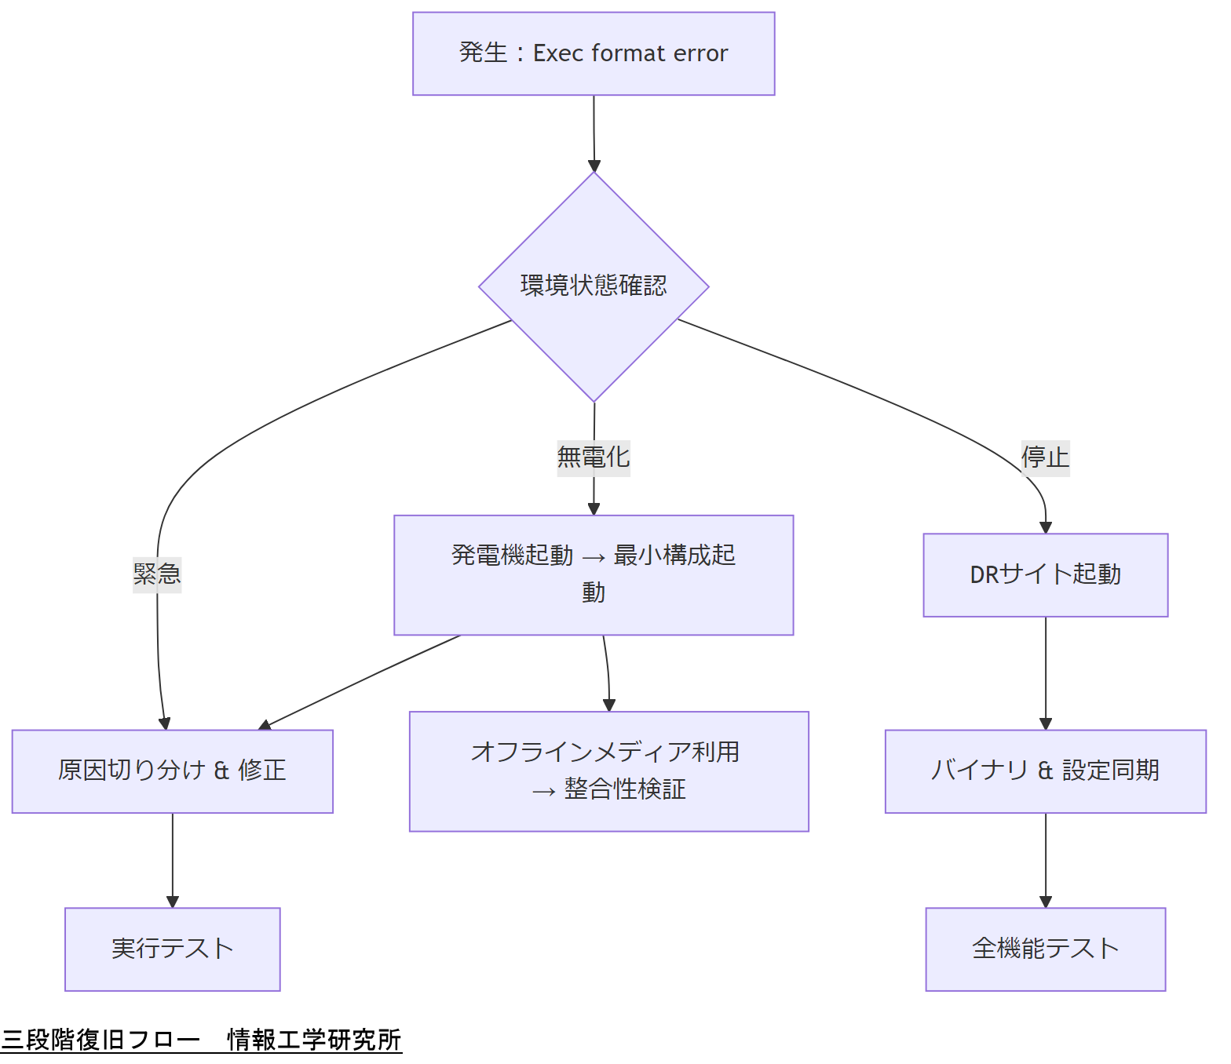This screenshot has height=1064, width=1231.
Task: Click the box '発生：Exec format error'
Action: pos(594,53)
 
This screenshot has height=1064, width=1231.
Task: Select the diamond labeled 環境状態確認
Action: pos(594,286)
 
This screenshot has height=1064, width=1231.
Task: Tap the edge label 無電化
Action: pos(594,457)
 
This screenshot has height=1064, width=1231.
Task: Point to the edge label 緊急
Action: pos(157,574)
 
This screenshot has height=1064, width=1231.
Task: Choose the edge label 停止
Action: pos(1045,457)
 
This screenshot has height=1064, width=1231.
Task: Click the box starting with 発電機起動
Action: pos(594,574)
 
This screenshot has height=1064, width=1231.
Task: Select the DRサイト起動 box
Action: pos(1045,574)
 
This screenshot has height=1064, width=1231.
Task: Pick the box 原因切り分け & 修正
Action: pos(172,771)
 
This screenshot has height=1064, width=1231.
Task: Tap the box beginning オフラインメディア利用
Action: pos(608,771)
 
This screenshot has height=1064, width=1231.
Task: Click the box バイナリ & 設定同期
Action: pos(1045,771)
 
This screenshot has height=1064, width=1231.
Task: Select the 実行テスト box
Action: pos(172,949)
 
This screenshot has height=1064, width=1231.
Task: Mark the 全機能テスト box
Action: pos(1045,949)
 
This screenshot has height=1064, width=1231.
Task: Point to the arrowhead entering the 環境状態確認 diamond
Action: pos(594,166)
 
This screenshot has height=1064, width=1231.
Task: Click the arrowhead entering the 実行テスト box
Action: pos(173,902)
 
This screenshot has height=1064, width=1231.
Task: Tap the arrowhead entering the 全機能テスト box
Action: pos(1045,902)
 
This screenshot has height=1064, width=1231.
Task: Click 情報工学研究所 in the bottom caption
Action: pos(314,1040)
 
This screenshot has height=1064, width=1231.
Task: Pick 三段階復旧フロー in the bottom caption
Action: pos(100,1040)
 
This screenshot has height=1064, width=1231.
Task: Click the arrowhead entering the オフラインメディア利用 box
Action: pos(609,705)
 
